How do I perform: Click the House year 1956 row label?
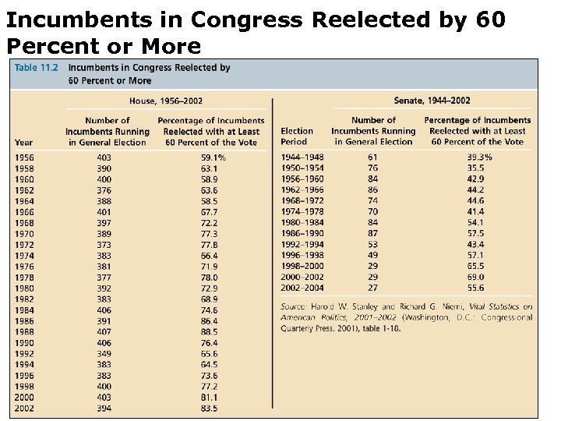click(24, 157)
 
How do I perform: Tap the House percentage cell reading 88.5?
click(209, 331)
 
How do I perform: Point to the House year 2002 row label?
click(24, 408)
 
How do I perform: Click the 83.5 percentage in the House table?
click(209, 408)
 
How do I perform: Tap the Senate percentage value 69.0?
click(476, 277)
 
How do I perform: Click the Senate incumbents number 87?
click(372, 233)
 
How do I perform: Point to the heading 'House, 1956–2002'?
click(165, 101)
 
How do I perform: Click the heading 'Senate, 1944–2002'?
click(432, 101)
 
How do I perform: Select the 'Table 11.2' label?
click(37, 68)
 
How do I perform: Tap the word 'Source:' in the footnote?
click(295, 307)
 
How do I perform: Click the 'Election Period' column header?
click(297, 136)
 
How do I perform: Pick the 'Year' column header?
click(23, 142)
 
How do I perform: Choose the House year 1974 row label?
click(24, 255)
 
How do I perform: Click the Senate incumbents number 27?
click(372, 288)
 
